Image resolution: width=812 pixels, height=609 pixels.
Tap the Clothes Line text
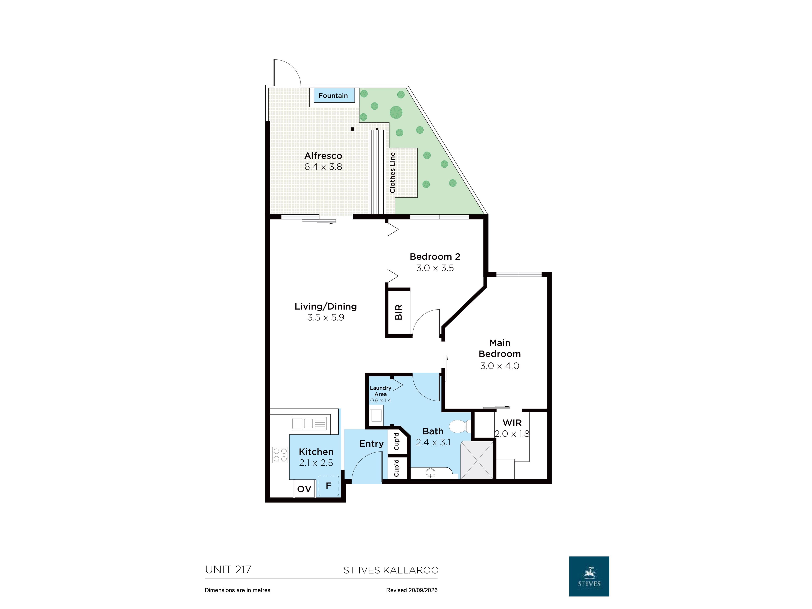tap(392, 173)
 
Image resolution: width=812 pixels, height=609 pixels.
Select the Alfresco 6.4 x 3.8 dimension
tap(323, 167)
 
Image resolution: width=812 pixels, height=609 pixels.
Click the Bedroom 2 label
tap(435, 256)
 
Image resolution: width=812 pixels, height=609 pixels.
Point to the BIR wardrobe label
tap(398, 312)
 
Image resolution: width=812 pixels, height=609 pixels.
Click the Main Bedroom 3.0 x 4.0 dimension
tap(500, 366)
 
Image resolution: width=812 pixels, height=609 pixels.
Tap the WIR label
tap(512, 423)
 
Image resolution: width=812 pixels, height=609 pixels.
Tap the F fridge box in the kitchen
tap(329, 486)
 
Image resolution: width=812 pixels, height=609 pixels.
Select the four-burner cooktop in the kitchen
tap(280, 454)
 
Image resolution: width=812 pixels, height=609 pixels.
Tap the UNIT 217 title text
tap(228, 570)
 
